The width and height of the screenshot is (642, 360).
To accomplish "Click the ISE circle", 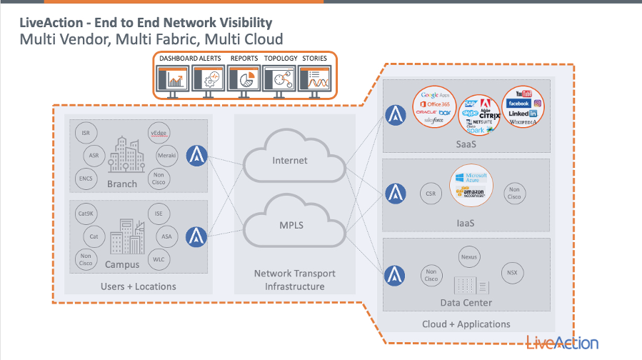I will click(159, 214).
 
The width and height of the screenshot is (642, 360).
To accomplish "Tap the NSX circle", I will click(511, 273).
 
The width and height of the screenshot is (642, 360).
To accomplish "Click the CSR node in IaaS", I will click(430, 193).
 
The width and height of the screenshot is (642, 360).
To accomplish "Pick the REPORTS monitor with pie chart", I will click(244, 78).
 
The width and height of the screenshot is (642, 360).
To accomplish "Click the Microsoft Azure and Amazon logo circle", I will click(471, 186).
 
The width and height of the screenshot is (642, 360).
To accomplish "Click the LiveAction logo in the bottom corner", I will click(562, 342).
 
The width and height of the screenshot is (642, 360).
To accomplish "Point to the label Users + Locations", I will click(139, 286).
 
